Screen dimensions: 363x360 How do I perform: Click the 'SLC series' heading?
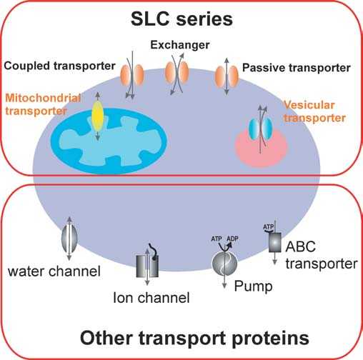(181, 19)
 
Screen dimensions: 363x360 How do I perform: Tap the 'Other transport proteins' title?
(194, 338)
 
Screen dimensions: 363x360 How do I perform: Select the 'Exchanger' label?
(180, 45)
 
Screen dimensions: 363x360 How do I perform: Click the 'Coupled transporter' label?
(59, 66)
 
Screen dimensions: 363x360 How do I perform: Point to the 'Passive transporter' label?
(297, 68)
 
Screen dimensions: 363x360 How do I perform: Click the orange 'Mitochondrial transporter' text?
(43, 104)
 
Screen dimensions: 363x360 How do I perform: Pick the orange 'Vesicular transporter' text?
(314, 111)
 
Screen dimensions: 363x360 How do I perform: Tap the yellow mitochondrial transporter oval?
(97, 116)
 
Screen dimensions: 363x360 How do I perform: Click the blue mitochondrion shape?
(109, 141)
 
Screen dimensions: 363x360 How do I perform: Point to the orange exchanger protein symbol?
(177, 73)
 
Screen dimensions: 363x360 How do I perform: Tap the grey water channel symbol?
(69, 237)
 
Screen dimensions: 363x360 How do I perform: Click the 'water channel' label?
(54, 271)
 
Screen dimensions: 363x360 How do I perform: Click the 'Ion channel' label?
(151, 297)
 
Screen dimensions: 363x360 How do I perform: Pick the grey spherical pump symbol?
(224, 264)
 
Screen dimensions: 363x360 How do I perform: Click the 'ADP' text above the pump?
(232, 239)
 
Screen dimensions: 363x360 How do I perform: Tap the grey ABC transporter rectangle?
(274, 242)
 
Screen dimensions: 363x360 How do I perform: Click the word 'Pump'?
(253, 286)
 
